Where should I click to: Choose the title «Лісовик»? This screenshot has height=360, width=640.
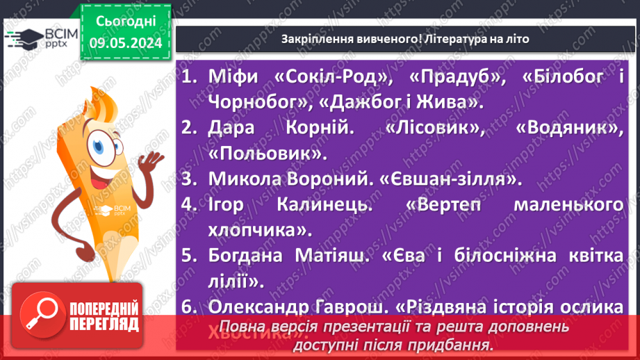(442, 128)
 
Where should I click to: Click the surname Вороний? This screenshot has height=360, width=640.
(333, 179)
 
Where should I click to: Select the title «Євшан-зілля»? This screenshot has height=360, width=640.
(450, 179)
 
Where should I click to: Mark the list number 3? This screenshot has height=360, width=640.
(188, 179)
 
